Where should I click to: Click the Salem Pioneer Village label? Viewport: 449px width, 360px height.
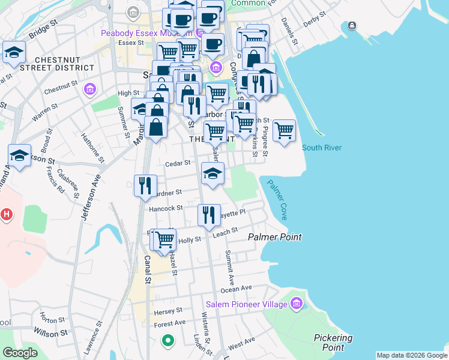point(246,305)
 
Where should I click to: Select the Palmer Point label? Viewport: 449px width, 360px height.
point(275,238)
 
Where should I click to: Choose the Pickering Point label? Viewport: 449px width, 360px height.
point(333,343)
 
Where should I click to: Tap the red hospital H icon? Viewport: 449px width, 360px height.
point(6,214)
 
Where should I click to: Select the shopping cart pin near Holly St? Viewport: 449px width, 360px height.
point(164,239)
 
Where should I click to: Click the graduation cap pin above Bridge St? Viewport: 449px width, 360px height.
point(13,52)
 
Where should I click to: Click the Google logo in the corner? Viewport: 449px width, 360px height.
point(20,353)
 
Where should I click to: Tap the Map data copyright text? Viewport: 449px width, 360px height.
point(411,355)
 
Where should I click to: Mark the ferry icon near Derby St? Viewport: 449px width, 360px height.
point(352,25)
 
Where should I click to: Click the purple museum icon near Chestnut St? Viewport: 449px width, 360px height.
point(90,90)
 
